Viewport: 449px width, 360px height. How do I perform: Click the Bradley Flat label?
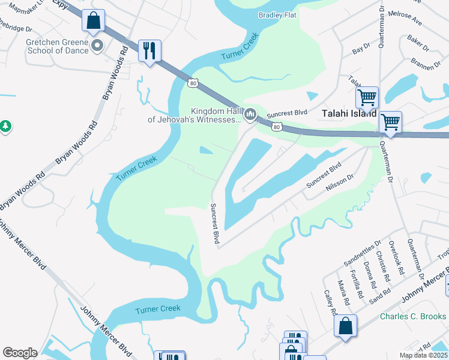pyautogui.click(x=279, y=15)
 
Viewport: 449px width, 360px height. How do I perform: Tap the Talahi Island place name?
pyautogui.click(x=349, y=113)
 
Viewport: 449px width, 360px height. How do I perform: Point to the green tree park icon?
pyautogui.click(x=5, y=126)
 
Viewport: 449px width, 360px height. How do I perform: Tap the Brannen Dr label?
pyautogui.click(x=427, y=63)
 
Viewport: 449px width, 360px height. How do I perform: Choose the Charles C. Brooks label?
pyautogui.click(x=413, y=316)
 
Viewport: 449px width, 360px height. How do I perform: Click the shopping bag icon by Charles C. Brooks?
pyautogui.click(x=346, y=328)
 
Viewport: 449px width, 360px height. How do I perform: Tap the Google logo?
pyautogui.click(x=20, y=353)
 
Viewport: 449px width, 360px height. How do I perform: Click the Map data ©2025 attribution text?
pyautogui.click(x=423, y=355)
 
